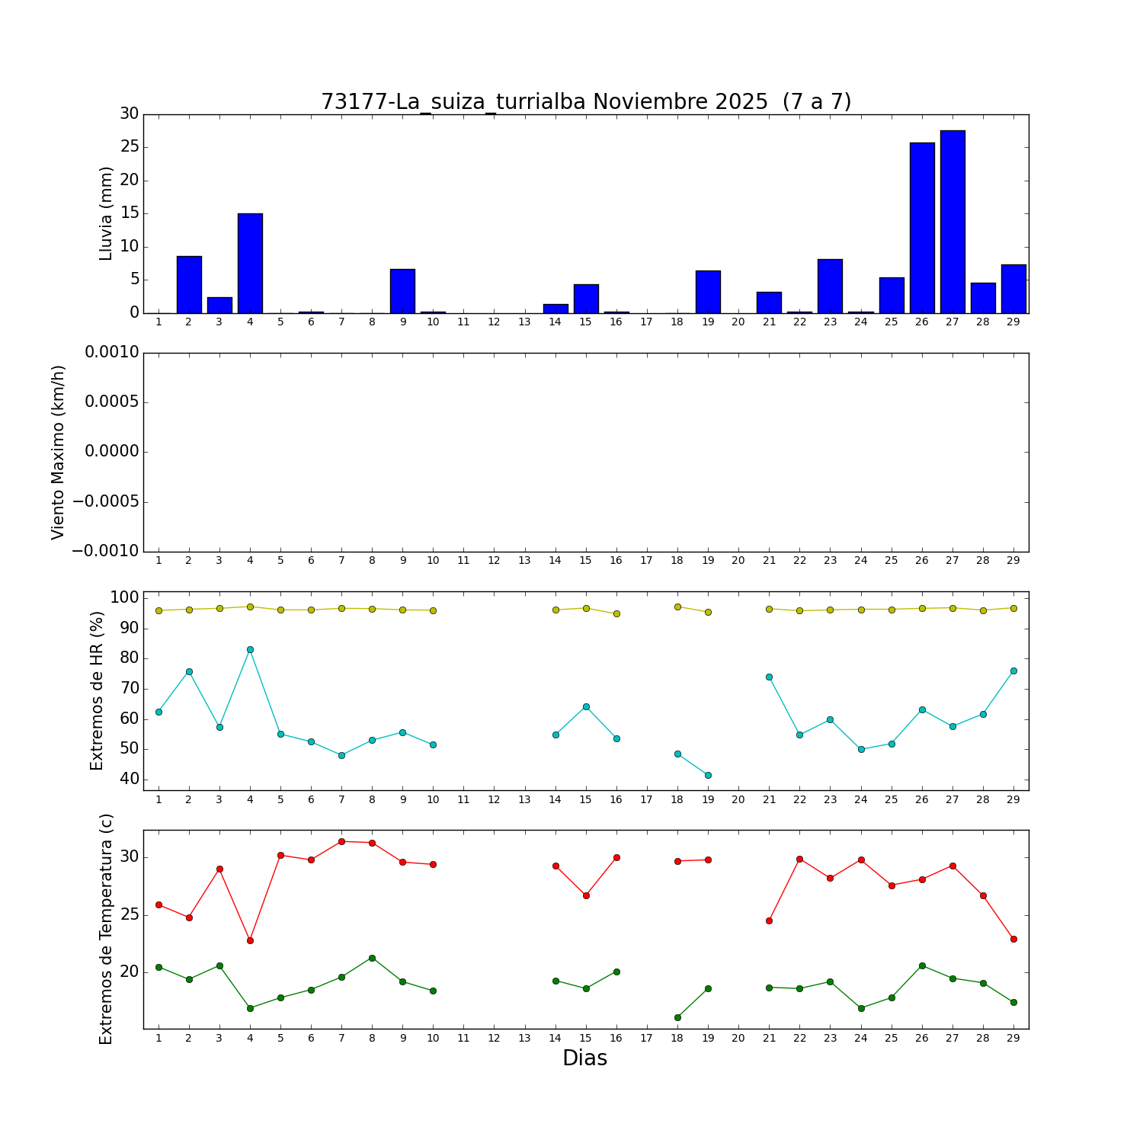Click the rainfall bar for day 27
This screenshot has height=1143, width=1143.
[x=952, y=222]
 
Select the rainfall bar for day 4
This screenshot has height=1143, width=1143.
[x=250, y=263]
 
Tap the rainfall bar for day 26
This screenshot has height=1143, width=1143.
[x=922, y=228]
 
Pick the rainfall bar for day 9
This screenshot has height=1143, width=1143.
[x=402, y=291]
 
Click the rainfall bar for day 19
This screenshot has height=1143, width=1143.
[x=708, y=292]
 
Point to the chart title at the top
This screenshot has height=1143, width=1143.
[x=585, y=102]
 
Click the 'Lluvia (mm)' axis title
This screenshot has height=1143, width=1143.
[x=107, y=213]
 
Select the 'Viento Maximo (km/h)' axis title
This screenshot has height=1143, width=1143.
[x=59, y=453]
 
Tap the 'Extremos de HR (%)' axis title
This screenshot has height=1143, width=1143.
[x=97, y=690]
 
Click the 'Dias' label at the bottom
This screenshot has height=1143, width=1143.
[x=584, y=1058]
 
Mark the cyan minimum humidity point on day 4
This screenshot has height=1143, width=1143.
[x=250, y=650]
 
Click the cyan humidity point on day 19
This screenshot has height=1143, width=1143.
[x=708, y=775]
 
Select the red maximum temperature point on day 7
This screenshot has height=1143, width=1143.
[x=341, y=841]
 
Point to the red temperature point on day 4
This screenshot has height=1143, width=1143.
[x=250, y=940]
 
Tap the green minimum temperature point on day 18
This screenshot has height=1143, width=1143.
[x=677, y=1017]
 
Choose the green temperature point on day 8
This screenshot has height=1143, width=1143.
[x=372, y=958]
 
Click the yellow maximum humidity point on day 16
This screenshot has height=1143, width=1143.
[x=616, y=613]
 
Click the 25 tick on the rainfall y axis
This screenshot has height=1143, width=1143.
[x=129, y=147]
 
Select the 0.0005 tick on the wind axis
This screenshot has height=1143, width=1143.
[x=111, y=402]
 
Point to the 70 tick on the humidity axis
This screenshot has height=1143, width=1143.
[x=129, y=689]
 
